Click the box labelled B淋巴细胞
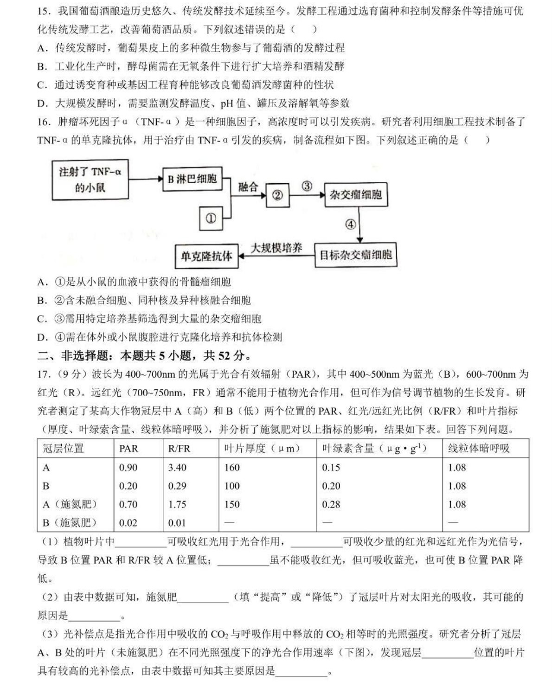[192, 179]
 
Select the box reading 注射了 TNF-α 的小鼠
[90, 180]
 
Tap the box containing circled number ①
[211, 218]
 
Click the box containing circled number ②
[277, 195]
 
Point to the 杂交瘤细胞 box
[355, 194]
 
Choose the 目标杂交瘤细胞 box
[356, 255]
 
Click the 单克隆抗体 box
[206, 256]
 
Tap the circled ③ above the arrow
[307, 186]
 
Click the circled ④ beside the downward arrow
[350, 225]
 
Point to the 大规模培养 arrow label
[276, 248]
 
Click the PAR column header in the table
[128, 449]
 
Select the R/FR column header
[179, 449]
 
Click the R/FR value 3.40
[177, 468]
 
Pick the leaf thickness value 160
[232, 468]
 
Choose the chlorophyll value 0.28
[331, 504]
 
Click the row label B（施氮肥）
[70, 523]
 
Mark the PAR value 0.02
[128, 523]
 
